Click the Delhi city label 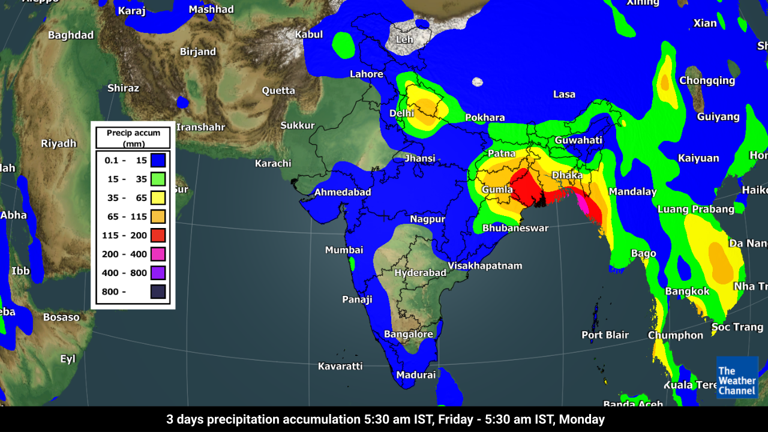(401, 113)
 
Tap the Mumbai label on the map (344, 250)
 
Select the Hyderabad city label (420, 272)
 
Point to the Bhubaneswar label (515, 228)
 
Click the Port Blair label (605, 335)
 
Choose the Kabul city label (309, 34)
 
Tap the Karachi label (273, 163)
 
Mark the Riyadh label (59, 143)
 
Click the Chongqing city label (707, 80)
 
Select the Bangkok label (687, 292)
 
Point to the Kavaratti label (340, 366)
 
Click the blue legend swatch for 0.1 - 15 (158, 160)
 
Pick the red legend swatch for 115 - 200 (158, 235)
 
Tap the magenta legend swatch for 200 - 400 (158, 254)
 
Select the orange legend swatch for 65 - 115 (158, 217)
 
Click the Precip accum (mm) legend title (133, 138)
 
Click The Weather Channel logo (737, 377)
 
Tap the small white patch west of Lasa (478, 82)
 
